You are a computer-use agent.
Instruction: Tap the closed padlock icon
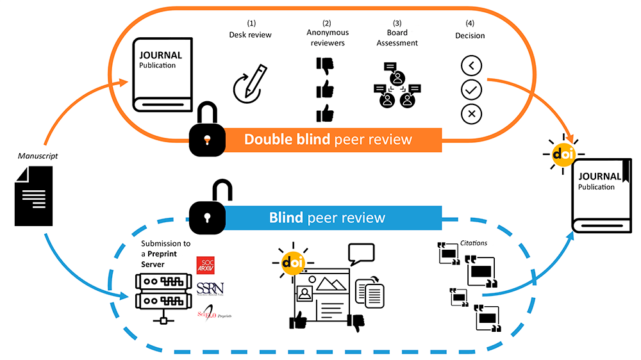pyautogui.click(x=206, y=131)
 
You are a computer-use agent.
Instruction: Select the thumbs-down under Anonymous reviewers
pyautogui.click(x=326, y=66)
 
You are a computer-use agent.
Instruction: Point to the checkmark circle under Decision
pyautogui.click(x=471, y=89)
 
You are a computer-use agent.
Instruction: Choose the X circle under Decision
pyautogui.click(x=471, y=113)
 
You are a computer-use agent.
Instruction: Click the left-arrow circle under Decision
pyautogui.click(x=471, y=65)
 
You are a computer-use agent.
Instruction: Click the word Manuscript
pyautogui.click(x=34, y=155)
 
